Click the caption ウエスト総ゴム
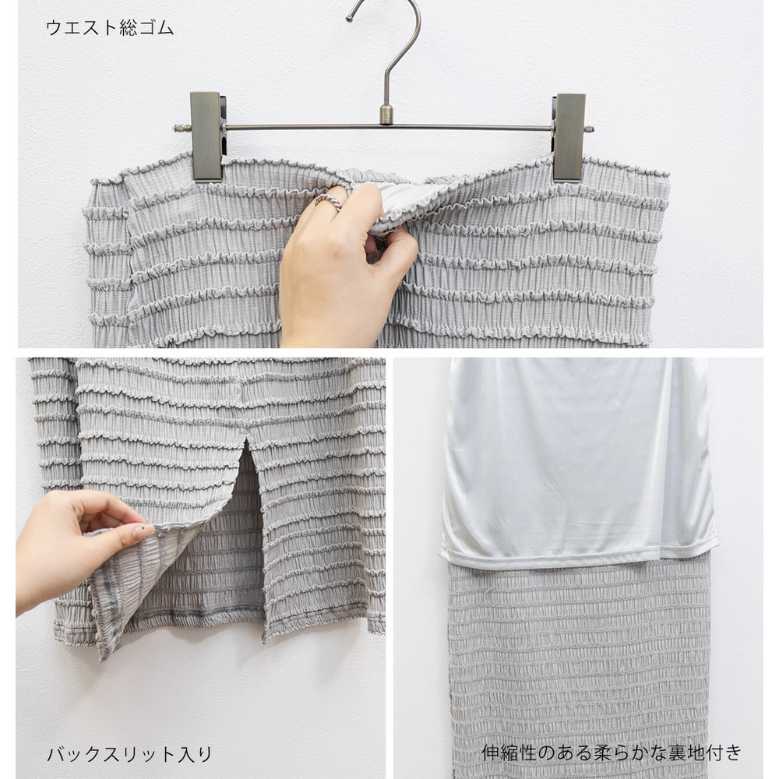[109, 28]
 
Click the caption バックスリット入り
[129, 753]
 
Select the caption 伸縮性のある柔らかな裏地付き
[612, 753]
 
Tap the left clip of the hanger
[206, 136]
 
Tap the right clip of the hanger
[569, 136]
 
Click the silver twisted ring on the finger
[327, 202]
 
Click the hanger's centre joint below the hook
[386, 115]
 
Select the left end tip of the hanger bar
[176, 129]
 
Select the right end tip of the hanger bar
[591, 129]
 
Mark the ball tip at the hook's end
[349, 19]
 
